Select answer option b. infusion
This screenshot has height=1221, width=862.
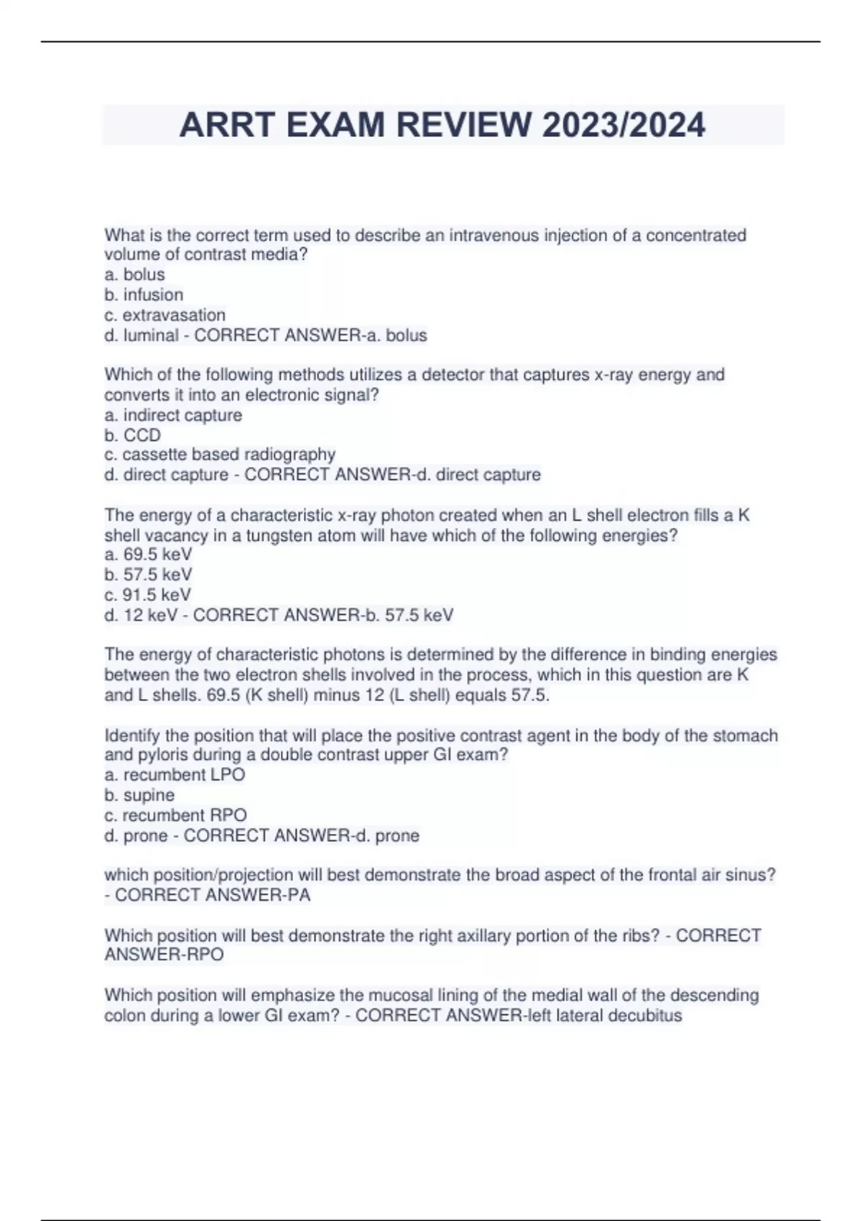[x=144, y=294]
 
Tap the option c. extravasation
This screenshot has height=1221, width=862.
[x=164, y=315]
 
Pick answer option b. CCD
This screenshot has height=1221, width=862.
[x=132, y=435]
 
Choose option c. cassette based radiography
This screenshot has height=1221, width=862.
[x=220, y=454]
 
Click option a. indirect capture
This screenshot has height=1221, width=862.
[x=173, y=415]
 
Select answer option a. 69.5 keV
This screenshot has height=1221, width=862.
[x=148, y=554]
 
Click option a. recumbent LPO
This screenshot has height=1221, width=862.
[x=175, y=774]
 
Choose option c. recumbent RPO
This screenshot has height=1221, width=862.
[x=175, y=815]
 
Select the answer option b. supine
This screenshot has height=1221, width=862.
[x=139, y=795]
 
